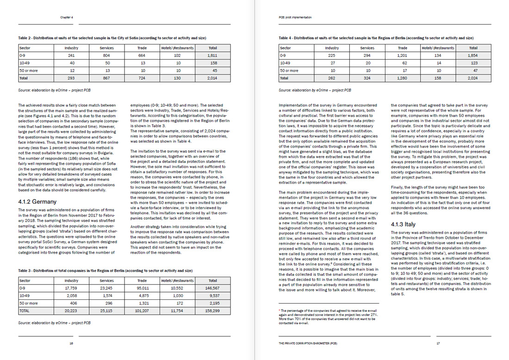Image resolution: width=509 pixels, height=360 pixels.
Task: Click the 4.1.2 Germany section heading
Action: click(37, 201)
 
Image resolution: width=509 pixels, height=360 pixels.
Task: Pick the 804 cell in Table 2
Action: click(107, 55)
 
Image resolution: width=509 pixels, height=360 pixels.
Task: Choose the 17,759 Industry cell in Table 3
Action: click(71, 288)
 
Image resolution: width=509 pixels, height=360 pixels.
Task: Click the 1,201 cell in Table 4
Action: click(403, 55)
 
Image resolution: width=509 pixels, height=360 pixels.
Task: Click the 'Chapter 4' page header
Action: click(67, 17)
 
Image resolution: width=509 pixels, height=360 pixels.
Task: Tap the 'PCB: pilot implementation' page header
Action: click(292, 17)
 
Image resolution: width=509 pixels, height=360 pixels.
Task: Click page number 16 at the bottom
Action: click(71, 343)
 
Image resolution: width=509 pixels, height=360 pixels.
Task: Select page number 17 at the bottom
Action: click(438, 343)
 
